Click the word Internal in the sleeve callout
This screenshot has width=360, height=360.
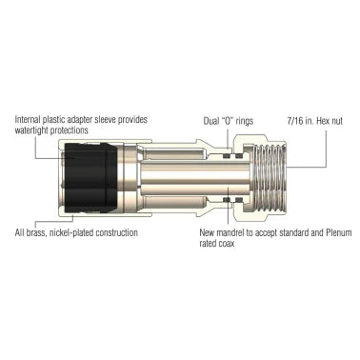tap(30, 120)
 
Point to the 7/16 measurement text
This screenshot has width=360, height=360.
tap(295, 121)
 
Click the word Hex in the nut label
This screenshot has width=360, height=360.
tap(325, 121)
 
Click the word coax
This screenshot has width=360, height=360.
tap(228, 244)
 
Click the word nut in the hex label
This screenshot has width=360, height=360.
tap(340, 121)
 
